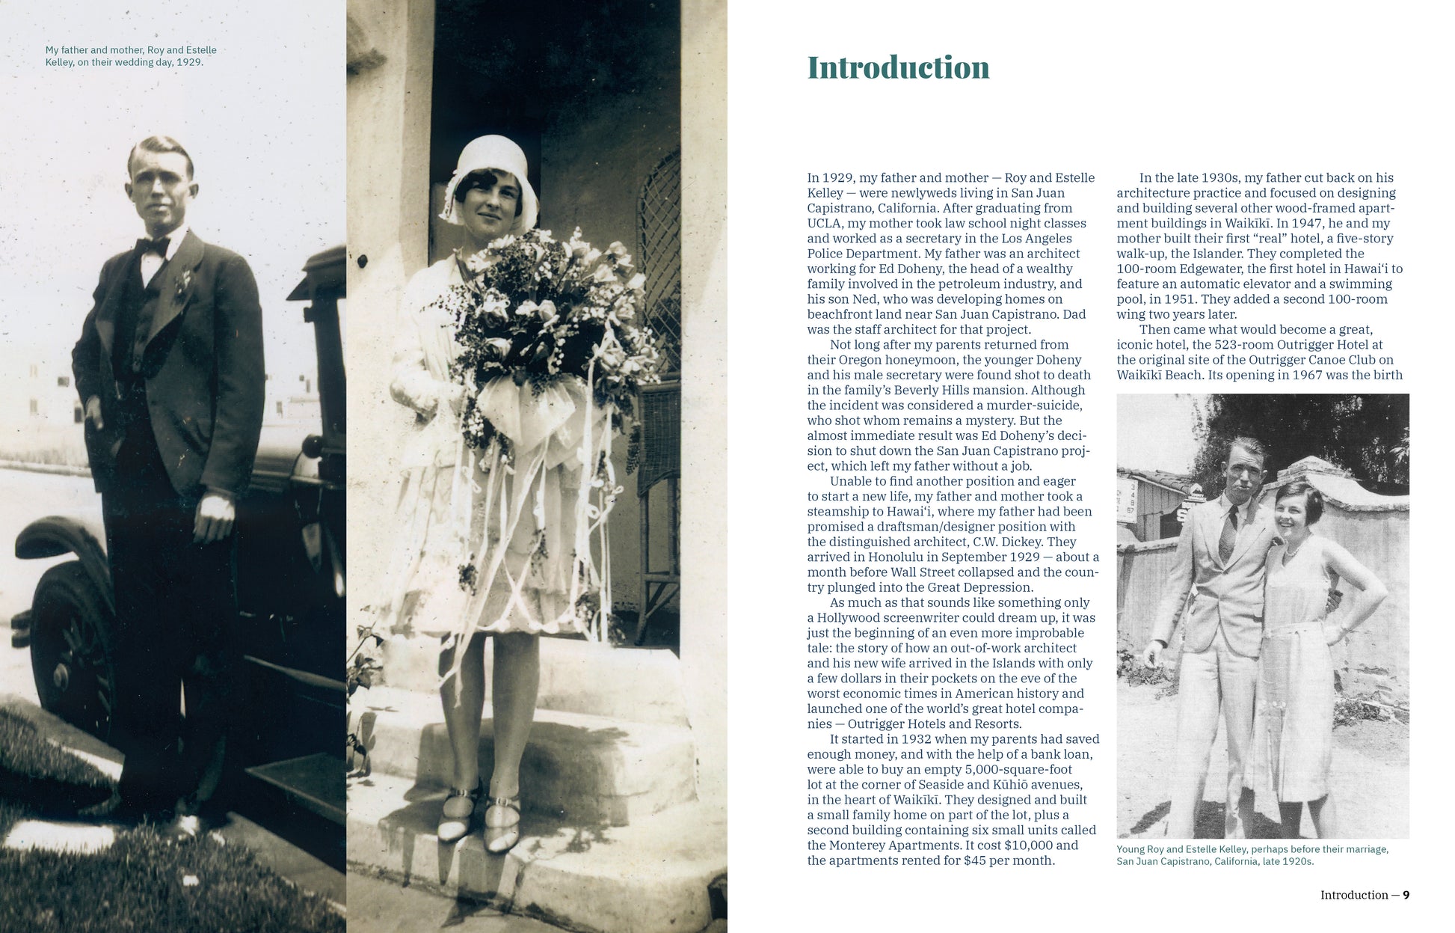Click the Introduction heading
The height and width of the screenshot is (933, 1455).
pos(898,68)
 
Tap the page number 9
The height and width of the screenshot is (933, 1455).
pos(1406,895)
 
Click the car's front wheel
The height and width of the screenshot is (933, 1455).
pos(71,643)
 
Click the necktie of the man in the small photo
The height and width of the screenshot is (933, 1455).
pos(1228,533)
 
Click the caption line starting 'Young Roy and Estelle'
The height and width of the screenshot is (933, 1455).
pos(1252,849)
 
